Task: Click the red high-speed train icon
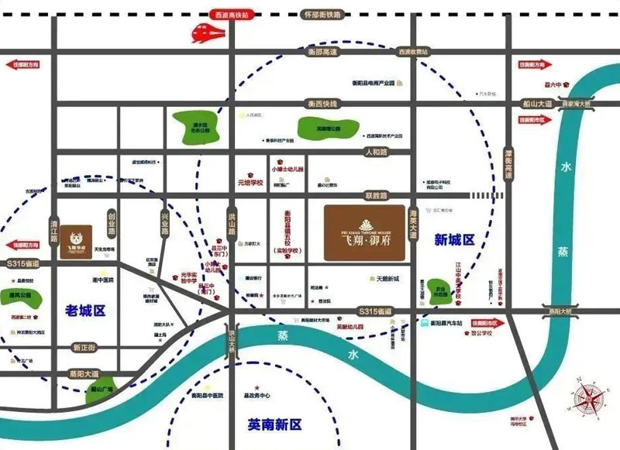tap(207, 33)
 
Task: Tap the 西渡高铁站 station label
tap(237, 14)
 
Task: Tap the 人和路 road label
tap(381, 153)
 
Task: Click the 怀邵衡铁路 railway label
tap(322, 14)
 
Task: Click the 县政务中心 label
tap(256, 395)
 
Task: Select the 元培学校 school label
tap(251, 184)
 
